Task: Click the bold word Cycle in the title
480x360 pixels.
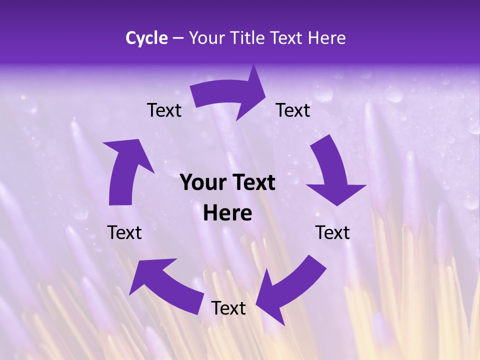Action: click(146, 38)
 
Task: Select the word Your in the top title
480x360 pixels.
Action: click(205, 38)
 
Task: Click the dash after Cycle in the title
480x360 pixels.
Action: click(178, 38)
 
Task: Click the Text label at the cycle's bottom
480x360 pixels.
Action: click(228, 308)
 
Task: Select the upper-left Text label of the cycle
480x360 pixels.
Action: click(164, 110)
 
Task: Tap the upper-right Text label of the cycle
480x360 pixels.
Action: click(293, 110)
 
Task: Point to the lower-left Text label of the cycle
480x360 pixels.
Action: click(124, 232)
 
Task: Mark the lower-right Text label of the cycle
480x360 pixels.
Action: click(332, 232)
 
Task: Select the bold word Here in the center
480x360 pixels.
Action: click(227, 213)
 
